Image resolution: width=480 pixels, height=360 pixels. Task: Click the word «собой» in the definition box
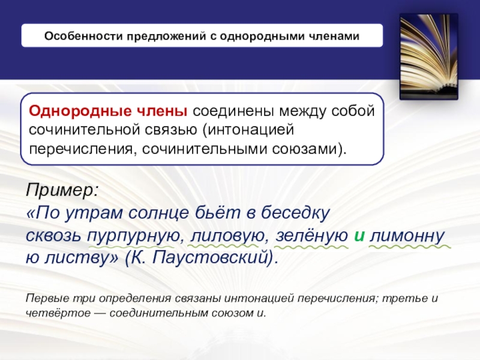[x=353, y=112]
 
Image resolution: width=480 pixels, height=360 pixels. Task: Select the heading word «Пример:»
[x=60, y=191]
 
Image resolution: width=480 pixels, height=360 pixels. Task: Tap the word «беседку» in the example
[x=293, y=213]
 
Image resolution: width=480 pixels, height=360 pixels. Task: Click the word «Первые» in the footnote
[x=43, y=299]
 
